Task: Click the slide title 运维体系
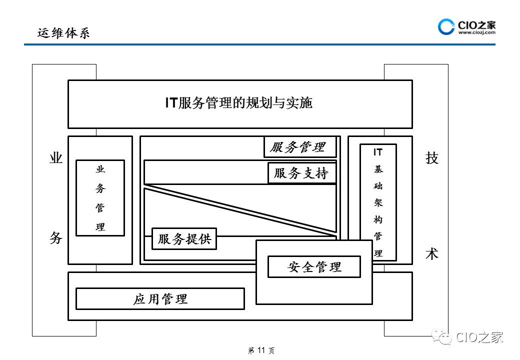pos(63,33)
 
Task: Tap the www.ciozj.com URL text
pos(476,32)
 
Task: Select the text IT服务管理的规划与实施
pos(239,103)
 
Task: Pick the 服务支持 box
pos(301,173)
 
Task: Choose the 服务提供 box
pos(184,239)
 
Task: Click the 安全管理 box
pos(314,266)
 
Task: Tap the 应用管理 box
pos(160,299)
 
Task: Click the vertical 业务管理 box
pos(100,198)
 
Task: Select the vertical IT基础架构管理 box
pos(378,202)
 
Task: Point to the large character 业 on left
pos(56,158)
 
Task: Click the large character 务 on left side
pos(56,237)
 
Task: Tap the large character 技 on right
pos(431,158)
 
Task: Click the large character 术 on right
pos(431,253)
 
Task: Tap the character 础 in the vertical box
pos(378,186)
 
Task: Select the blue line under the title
pos(259,45)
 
